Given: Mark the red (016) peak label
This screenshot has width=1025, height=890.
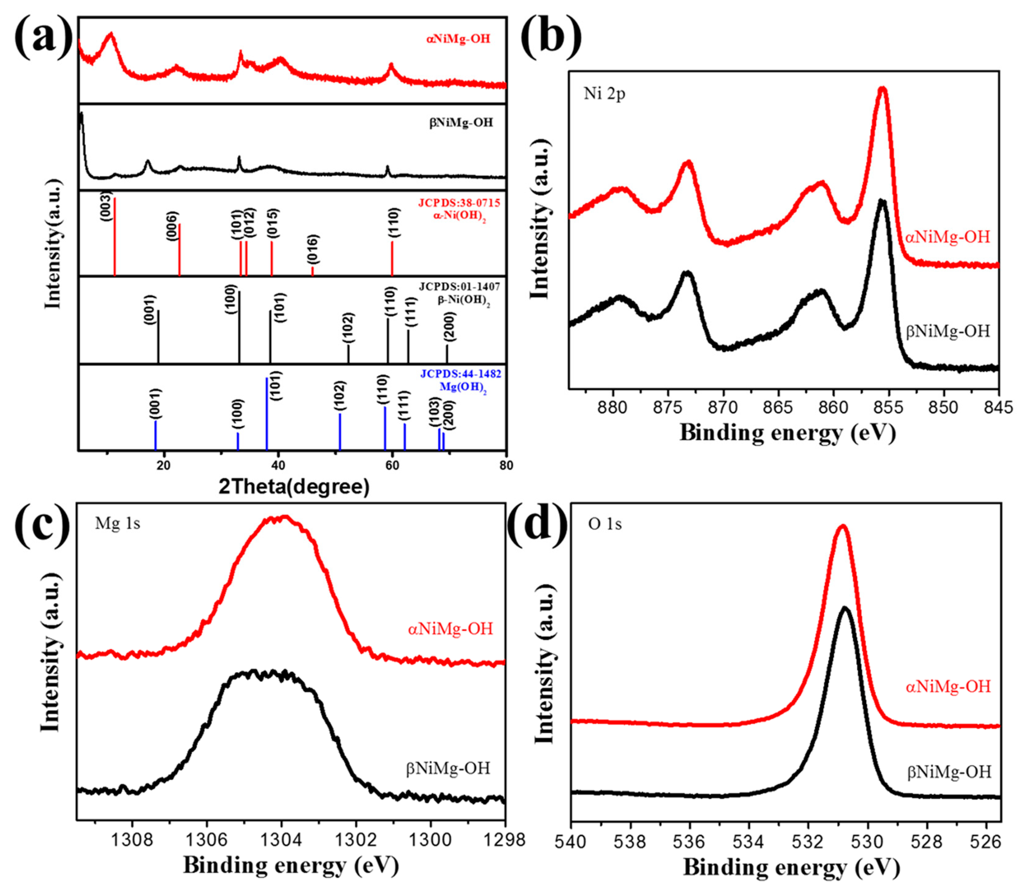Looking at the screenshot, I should (x=313, y=248).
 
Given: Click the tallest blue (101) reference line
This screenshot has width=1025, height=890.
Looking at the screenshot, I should (x=267, y=412).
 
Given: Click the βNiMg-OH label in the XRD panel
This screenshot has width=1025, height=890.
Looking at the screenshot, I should (x=461, y=122).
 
